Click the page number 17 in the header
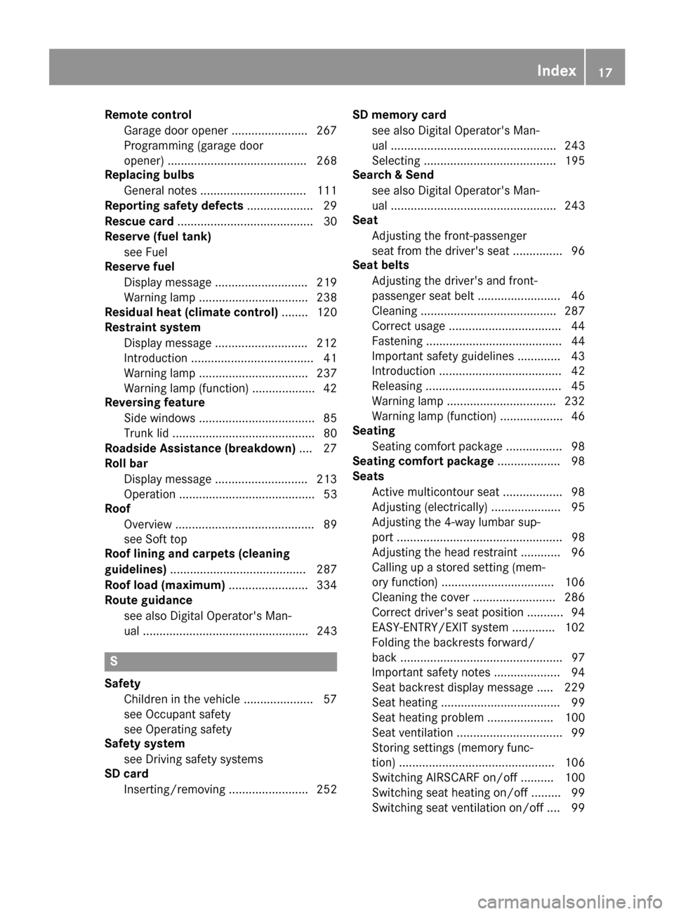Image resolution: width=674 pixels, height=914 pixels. click(606, 70)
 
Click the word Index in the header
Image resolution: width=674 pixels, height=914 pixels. click(557, 70)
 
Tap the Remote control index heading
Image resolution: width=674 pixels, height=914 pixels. click(147, 115)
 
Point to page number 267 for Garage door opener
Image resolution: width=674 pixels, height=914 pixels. click(326, 131)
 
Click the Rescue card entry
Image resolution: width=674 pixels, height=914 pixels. click(139, 221)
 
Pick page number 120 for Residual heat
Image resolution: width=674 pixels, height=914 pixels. click(326, 312)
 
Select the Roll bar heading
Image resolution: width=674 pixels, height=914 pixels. click(126, 463)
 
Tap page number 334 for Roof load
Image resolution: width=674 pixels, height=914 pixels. click(326, 585)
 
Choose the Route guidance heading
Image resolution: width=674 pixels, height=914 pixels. click(148, 600)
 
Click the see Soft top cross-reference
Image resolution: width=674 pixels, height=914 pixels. click(155, 539)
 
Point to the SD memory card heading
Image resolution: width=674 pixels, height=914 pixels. click(399, 115)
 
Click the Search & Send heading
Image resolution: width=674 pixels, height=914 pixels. click(393, 175)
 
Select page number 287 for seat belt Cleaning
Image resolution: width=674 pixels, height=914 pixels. click(574, 311)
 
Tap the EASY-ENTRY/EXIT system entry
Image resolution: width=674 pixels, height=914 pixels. click(440, 628)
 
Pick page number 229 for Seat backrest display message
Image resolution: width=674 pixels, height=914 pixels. click(574, 688)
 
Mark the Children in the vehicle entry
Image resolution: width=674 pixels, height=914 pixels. click(181, 699)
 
